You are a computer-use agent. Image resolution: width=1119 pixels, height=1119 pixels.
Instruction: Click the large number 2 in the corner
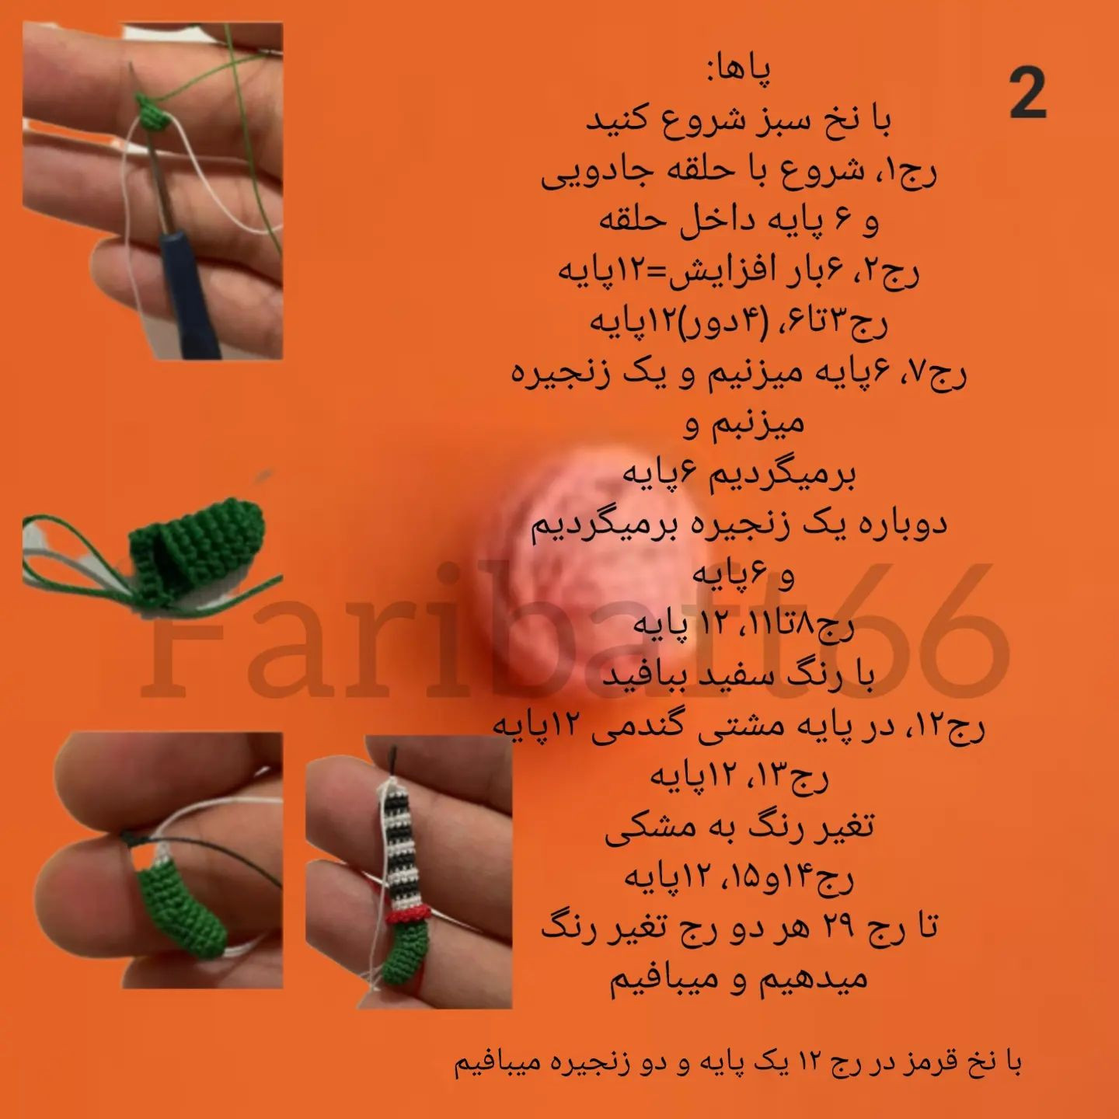point(1028,93)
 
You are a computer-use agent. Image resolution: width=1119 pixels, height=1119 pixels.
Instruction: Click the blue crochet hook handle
point(194,295)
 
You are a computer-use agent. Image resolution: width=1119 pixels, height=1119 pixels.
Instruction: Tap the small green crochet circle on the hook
point(152,113)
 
